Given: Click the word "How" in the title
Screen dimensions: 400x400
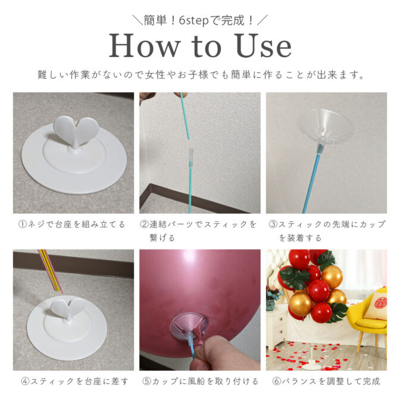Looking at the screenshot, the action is point(144,46).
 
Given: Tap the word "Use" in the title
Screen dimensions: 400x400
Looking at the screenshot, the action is point(264,46).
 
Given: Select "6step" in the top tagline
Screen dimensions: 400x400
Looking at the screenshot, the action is point(194,20).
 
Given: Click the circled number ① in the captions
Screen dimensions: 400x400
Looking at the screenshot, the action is point(23,224).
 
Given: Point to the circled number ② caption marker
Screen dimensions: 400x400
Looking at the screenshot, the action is point(145,224).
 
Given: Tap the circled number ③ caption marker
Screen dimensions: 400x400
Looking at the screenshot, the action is point(273,224).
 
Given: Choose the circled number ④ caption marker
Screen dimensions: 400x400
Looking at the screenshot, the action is point(25,382).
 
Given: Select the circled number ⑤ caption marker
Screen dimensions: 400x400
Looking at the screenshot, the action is point(146,382).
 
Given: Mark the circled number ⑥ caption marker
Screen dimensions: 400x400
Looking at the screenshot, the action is point(277,382).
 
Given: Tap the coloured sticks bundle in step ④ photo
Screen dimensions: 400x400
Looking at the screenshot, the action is point(50,271).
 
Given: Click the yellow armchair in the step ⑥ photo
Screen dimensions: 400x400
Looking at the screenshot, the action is point(368,319).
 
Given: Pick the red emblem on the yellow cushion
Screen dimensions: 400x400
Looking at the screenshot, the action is point(381,303).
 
